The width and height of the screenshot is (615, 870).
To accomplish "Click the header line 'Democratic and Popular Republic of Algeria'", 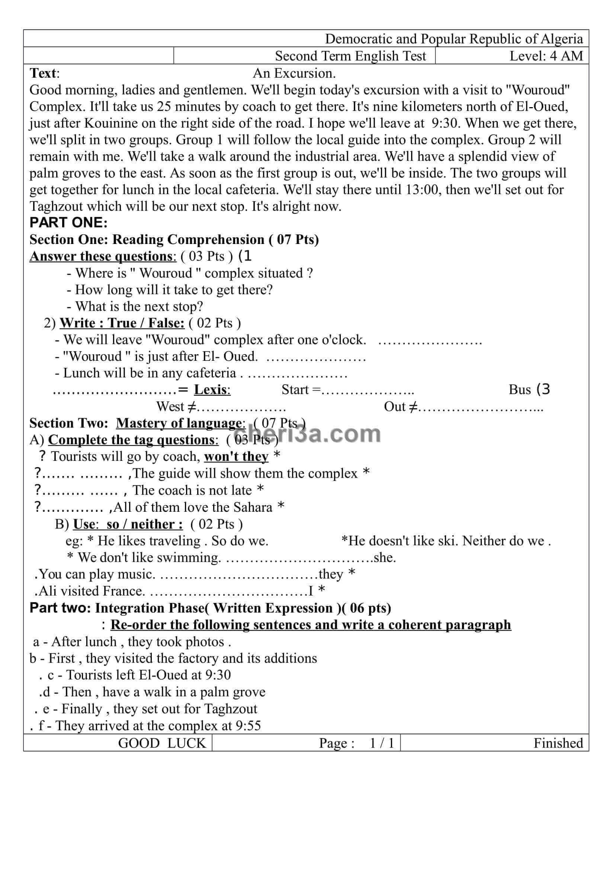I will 454,39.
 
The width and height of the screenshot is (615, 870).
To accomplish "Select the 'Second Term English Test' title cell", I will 350,56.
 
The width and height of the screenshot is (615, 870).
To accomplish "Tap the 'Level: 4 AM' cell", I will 546,56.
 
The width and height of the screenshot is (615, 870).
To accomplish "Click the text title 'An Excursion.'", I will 294,73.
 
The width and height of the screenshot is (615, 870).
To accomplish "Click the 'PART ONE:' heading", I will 68,222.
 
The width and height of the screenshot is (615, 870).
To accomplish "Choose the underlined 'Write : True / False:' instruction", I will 122,323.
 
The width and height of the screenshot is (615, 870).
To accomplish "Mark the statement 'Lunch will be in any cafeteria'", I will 149,373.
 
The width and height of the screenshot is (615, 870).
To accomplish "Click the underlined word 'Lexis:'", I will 212,389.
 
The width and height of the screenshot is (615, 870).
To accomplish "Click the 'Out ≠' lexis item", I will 401,407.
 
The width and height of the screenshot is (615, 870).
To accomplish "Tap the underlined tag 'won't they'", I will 236,457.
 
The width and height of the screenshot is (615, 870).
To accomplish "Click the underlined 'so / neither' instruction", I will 144,524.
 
